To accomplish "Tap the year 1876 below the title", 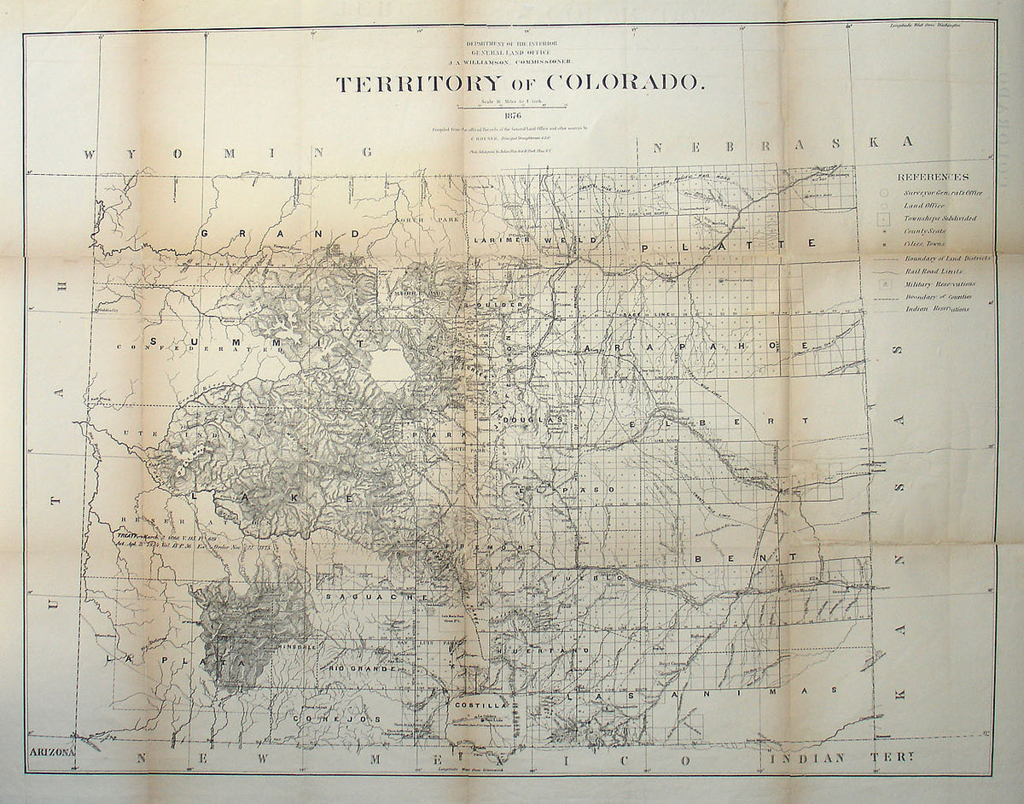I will point(513,116).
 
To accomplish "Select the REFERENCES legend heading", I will point(933,178).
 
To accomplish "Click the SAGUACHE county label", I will point(377,597).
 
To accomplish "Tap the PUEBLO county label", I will point(602,578).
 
